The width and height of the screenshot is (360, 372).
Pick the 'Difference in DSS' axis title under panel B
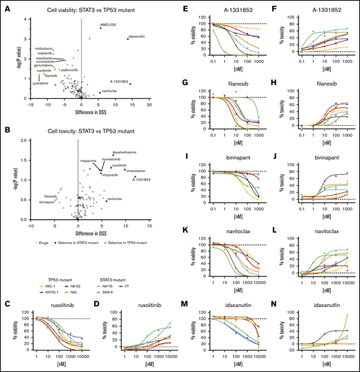(x=78, y=225)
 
